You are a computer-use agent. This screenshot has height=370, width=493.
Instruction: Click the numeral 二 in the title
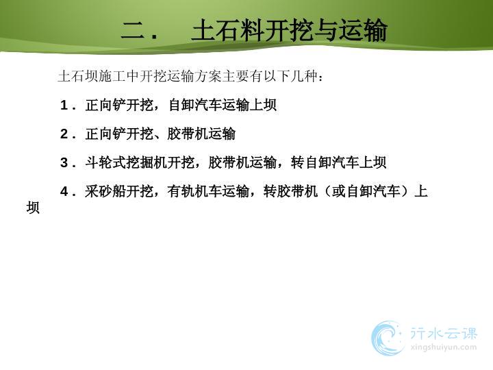pyautogui.click(x=132, y=31)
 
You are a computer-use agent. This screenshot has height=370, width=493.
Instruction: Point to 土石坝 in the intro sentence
pyautogui.click(x=78, y=76)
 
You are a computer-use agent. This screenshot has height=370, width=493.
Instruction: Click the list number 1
pyautogui.click(x=64, y=105)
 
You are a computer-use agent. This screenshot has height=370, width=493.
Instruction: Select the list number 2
pyautogui.click(x=64, y=134)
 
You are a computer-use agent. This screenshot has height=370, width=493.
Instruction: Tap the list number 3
pyautogui.click(x=64, y=162)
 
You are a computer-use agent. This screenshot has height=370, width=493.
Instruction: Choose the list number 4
pyautogui.click(x=64, y=191)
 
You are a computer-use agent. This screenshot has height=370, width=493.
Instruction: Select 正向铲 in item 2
pyautogui.click(x=105, y=134)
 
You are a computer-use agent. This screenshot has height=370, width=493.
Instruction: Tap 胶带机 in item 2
pyautogui.click(x=188, y=134)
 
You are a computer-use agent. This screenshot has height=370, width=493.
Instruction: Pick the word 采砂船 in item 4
pyautogui.click(x=105, y=191)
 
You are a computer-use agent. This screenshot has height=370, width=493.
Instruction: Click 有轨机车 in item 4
pyautogui.click(x=194, y=191)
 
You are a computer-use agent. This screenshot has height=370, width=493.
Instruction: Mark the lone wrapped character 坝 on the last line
pyautogui.click(x=33, y=208)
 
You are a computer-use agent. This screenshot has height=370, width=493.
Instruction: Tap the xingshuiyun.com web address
pyautogui.click(x=443, y=347)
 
